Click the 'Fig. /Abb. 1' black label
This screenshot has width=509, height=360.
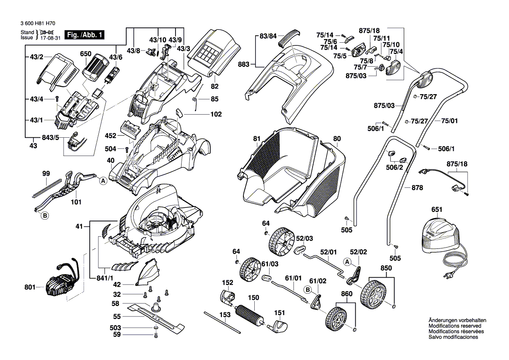click(84, 35)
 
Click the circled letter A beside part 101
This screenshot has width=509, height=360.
click(103, 181)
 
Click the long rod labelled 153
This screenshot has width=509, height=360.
click(222, 322)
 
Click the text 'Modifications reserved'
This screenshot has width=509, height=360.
click(455, 326)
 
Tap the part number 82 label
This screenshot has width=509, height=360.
click(214, 87)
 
